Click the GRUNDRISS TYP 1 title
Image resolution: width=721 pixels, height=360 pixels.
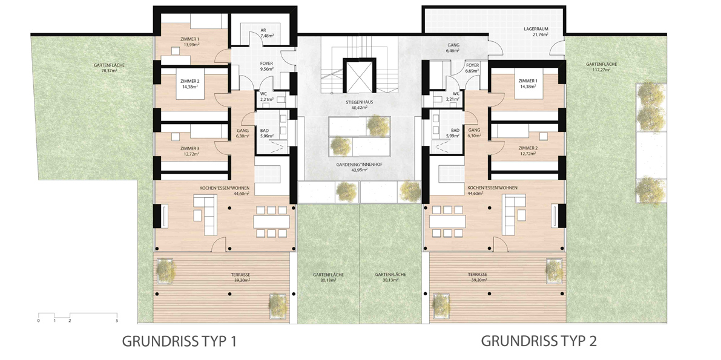click(179, 341)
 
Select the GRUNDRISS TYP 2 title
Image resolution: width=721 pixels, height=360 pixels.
click(539, 341)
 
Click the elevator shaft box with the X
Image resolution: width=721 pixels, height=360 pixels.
click(359, 76)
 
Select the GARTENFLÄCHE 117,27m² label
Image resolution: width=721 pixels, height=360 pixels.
click(601, 67)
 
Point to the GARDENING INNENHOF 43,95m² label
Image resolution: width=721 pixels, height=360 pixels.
click(359, 167)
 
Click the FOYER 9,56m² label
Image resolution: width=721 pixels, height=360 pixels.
click(267, 67)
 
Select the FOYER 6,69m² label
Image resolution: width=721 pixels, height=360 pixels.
click(472, 68)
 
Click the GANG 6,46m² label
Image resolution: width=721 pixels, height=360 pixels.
click(454, 48)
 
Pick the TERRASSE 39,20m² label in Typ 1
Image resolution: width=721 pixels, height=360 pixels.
click(240, 277)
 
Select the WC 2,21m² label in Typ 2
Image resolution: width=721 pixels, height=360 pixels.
click(455, 97)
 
